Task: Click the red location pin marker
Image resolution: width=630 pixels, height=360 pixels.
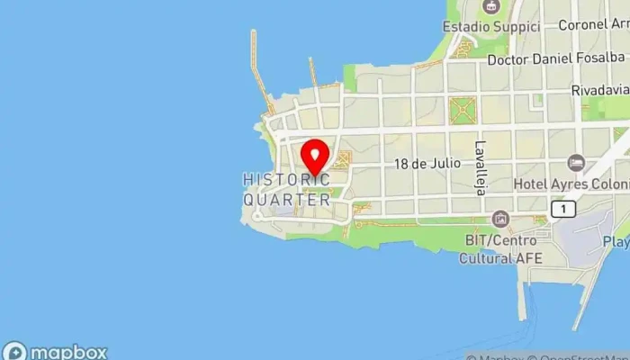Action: coord(314,155)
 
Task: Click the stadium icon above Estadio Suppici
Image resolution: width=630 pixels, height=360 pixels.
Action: coord(490,7)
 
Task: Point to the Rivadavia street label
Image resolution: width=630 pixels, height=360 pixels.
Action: coord(599,91)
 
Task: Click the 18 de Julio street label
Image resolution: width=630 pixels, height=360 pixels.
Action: coord(427,164)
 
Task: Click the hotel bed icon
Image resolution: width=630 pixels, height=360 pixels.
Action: coord(576,164)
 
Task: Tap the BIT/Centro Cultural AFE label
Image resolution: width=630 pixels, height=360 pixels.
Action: coord(500,249)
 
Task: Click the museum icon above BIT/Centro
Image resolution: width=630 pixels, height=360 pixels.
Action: coord(500,219)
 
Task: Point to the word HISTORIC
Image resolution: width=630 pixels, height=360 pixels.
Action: coord(286,179)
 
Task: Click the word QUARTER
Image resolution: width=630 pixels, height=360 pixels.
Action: coord(287,200)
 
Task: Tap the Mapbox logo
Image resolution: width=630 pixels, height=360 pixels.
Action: coord(55,352)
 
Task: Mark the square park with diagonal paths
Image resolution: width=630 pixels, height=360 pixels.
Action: coord(464,111)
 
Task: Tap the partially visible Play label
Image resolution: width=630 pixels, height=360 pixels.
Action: coord(616,242)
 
